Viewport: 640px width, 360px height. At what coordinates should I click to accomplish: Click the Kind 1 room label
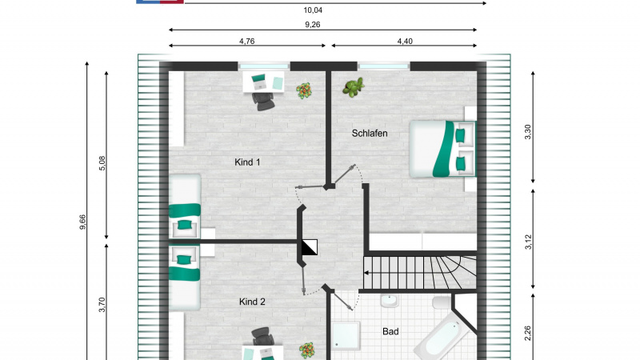pos(248,162)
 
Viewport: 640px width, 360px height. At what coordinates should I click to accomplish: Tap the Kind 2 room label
pos(251,302)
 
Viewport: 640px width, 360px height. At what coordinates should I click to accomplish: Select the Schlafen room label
pos(370,134)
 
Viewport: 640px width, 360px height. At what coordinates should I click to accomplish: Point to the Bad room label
pos(390,331)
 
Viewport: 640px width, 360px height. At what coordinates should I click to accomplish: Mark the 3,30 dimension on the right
pos(526,131)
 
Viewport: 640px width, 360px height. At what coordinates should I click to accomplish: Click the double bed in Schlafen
pos(442,148)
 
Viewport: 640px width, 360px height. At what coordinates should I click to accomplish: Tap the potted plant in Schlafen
pos(353,87)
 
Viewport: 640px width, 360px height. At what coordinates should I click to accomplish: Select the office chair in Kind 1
pos(263,98)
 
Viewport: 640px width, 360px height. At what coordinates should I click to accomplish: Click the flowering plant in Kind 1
pos(304,91)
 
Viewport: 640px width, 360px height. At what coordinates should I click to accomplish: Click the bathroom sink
pos(390,302)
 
